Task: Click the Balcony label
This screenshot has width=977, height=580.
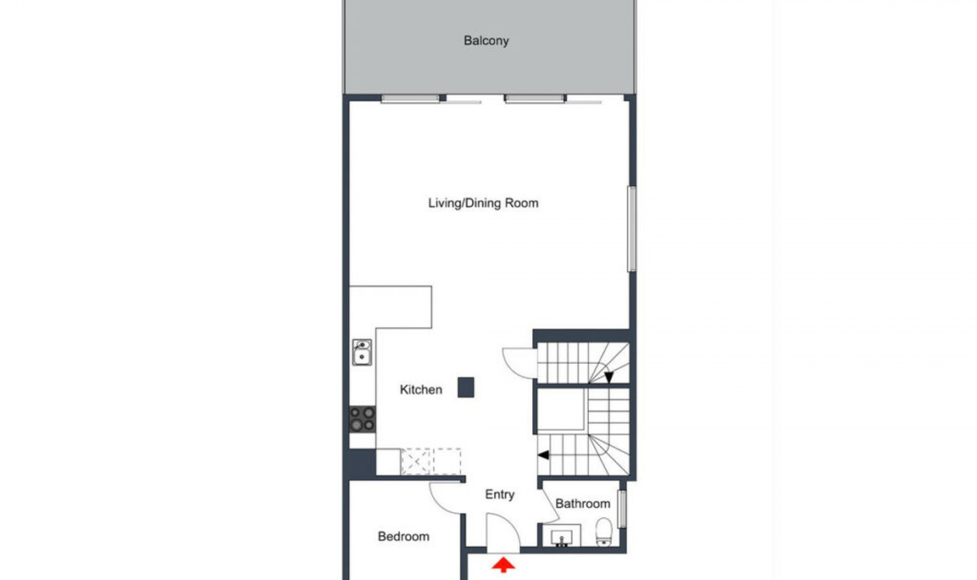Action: pyautogui.click(x=486, y=41)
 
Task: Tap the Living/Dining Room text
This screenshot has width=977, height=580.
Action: pyautogui.click(x=483, y=203)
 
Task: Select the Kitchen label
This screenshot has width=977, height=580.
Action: pyautogui.click(x=421, y=390)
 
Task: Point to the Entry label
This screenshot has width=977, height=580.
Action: pyautogui.click(x=499, y=495)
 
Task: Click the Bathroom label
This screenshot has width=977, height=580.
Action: pyautogui.click(x=583, y=504)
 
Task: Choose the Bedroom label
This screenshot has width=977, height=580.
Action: pyautogui.click(x=404, y=536)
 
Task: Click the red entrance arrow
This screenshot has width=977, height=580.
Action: pyautogui.click(x=503, y=564)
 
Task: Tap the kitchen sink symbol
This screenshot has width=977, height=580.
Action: pyautogui.click(x=362, y=353)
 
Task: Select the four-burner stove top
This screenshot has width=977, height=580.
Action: pyautogui.click(x=362, y=419)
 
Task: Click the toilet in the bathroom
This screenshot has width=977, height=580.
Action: pyautogui.click(x=604, y=532)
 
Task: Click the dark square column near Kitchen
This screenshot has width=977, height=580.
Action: pyautogui.click(x=466, y=387)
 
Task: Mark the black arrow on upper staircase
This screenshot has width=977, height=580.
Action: pyautogui.click(x=609, y=377)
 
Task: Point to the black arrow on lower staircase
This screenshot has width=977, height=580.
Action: pyautogui.click(x=543, y=455)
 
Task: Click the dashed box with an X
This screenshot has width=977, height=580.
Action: pyautogui.click(x=416, y=461)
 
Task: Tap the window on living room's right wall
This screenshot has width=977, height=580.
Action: pyautogui.click(x=631, y=228)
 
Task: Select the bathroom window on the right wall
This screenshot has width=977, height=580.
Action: pyautogui.click(x=621, y=508)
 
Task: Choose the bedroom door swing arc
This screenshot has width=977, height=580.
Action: pyautogui.click(x=444, y=499)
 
